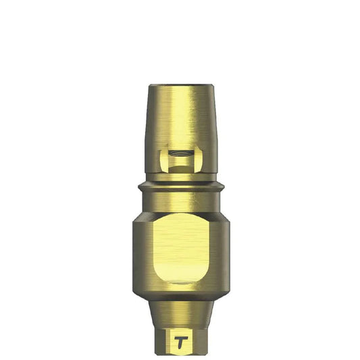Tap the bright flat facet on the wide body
(180, 247)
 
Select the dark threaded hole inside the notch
(180, 157)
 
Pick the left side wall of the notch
(163, 161)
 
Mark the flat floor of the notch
(180, 170)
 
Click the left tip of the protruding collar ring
(138, 184)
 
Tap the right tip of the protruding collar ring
(222, 184)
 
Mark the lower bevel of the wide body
(180, 292)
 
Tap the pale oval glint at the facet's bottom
(180, 279)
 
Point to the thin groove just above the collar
(180, 178)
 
